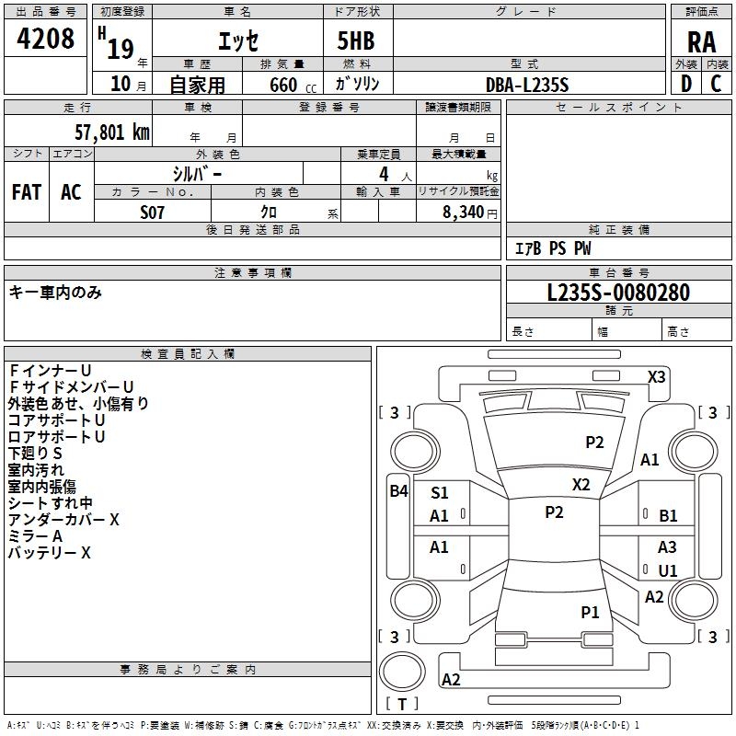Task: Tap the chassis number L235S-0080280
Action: coord(617,293)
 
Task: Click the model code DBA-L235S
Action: coord(527,84)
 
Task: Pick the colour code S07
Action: coord(153,213)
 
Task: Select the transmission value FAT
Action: coord(26,191)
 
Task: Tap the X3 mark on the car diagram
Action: coord(656,376)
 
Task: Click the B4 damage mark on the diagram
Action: coord(398,490)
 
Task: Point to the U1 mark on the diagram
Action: coord(667,570)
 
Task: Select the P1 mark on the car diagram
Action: coord(590,612)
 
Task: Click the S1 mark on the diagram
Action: coord(439,493)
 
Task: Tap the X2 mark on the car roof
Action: coord(581,484)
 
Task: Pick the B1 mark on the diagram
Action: coord(668,516)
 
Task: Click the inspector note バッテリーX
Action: coord(50,553)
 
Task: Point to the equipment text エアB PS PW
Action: coord(552,248)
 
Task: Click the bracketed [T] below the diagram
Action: coord(402,704)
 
